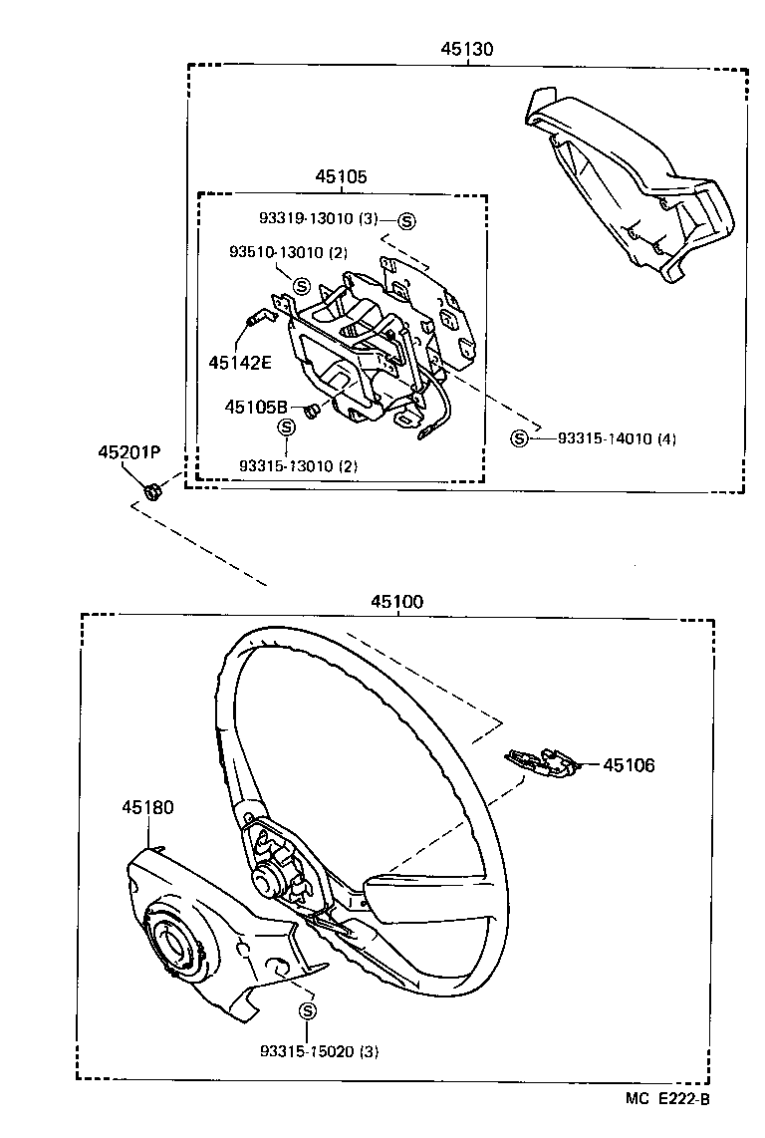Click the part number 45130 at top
[x=467, y=48]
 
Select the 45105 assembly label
[x=342, y=175]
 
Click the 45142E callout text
[x=239, y=362]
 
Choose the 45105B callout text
[x=256, y=407]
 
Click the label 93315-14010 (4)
[x=617, y=438]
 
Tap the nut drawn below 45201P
[x=152, y=490]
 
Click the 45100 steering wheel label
[x=396, y=601]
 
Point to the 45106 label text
[x=629, y=765]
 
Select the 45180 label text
[x=148, y=807]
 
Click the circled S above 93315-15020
[x=307, y=1012]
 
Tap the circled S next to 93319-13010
[x=407, y=220]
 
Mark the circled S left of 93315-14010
[x=519, y=438]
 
